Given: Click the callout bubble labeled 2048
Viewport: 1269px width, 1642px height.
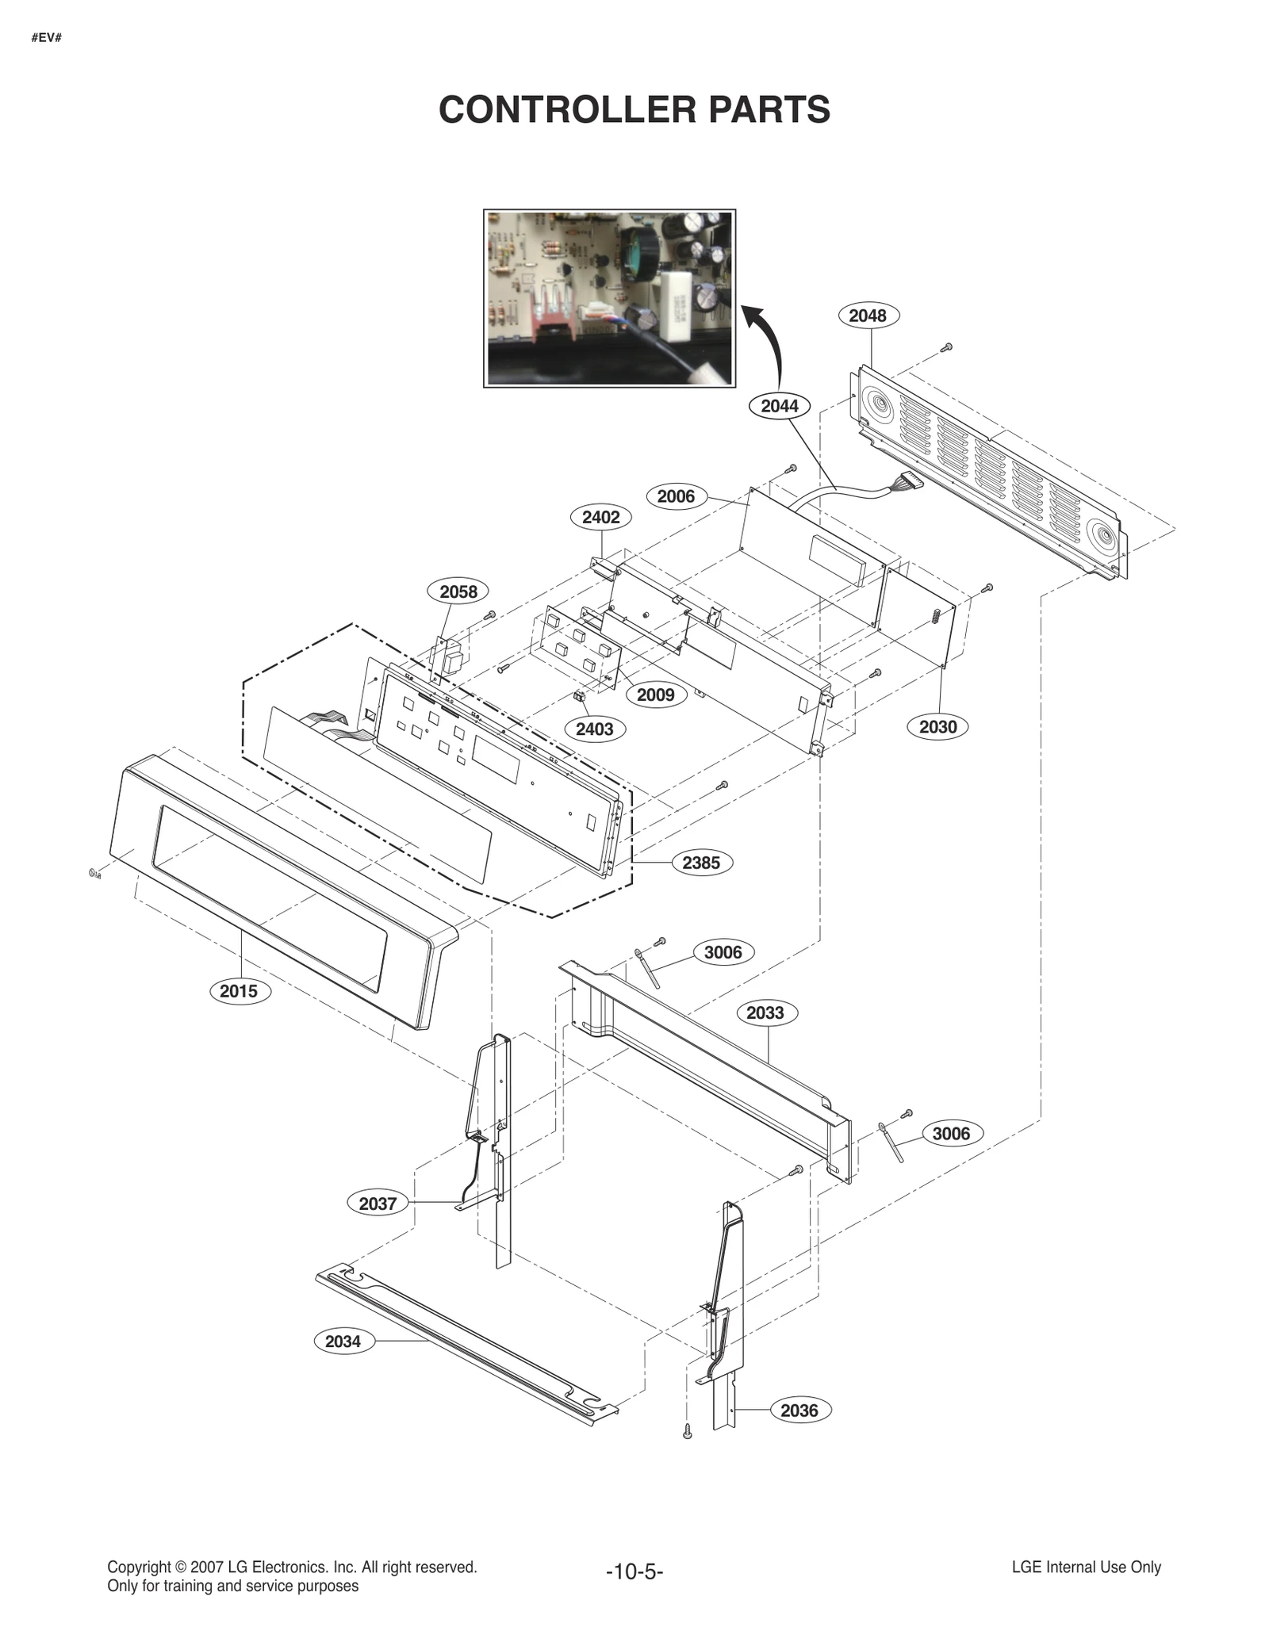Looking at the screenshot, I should [867, 316].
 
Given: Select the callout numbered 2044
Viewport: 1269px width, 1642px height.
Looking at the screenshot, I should [779, 406].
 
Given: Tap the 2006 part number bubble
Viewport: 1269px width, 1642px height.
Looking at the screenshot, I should [676, 496].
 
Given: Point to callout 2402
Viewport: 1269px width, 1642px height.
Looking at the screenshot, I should [600, 518].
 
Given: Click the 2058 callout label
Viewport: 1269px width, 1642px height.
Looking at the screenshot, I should [458, 591].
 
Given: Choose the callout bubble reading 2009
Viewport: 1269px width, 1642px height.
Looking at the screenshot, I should [655, 695].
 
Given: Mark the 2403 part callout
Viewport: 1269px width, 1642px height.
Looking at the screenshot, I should [594, 729].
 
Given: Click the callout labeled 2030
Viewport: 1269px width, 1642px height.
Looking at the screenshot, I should [937, 727].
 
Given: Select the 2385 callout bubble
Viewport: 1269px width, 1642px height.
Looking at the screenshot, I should [701, 863].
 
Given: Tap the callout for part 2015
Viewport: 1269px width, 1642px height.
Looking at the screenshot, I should [239, 991].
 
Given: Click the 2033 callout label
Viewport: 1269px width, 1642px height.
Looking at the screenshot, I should [765, 1013].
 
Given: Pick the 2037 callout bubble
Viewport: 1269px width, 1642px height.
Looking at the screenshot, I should [378, 1204].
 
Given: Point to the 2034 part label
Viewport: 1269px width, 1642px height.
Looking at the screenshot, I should [343, 1342].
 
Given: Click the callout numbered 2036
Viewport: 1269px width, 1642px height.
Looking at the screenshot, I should [799, 1410].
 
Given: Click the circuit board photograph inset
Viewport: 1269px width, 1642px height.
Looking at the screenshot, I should [609, 298].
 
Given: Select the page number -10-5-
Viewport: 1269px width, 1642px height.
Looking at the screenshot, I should [634, 1571].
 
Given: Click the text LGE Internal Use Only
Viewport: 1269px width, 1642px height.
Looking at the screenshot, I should [1086, 1567].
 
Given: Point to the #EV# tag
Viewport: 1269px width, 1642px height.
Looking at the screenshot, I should [47, 38].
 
